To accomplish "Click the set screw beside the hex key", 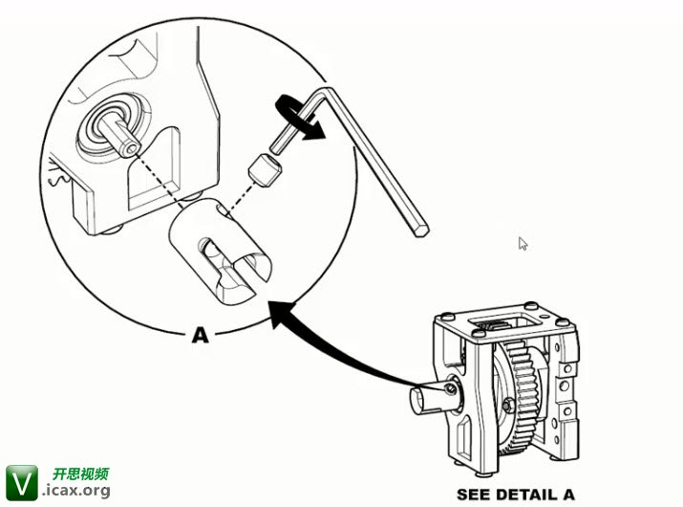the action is coord(265,169).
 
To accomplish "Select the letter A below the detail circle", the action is coord(201,335).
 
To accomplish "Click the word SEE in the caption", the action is coord(474,495).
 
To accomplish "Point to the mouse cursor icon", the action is coord(523,244).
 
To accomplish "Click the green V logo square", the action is coord(22,482).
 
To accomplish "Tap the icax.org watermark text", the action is coord(76,491).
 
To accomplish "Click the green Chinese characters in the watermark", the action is coord(80,474).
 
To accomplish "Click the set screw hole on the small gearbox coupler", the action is coord(451,389).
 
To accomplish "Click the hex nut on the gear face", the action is coord(508,406).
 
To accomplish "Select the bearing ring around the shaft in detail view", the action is coord(113,125).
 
